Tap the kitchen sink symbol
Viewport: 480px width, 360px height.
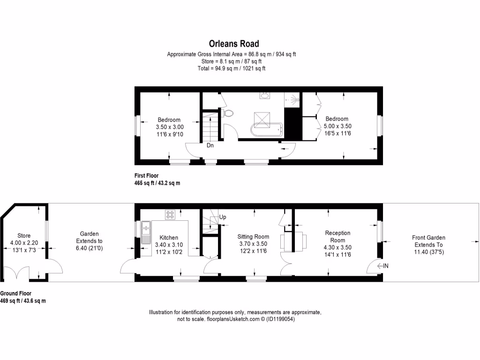tap(146, 229)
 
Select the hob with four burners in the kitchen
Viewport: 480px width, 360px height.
tap(170, 214)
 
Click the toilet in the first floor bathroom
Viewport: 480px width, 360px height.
tap(228, 113)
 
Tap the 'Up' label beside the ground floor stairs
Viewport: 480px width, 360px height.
tap(223, 217)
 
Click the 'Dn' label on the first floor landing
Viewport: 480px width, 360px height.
tap(210, 145)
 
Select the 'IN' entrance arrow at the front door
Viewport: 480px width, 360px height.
tap(383, 266)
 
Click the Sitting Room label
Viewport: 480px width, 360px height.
tap(253, 237)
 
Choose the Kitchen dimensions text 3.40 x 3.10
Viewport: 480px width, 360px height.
tap(169, 244)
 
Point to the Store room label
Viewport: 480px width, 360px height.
tap(24, 235)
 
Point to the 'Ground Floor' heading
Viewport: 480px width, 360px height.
tap(16, 293)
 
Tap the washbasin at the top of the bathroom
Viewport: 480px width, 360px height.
tap(264, 96)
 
